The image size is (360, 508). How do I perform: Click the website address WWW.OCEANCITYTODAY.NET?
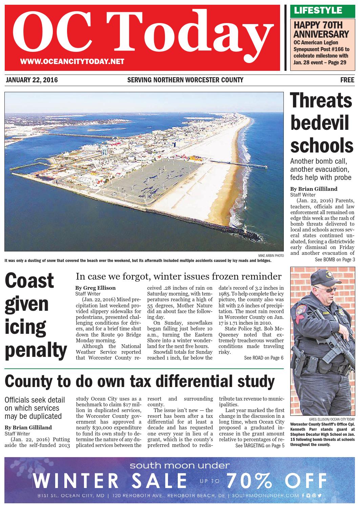72,62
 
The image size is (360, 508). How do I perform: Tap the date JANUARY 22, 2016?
32,80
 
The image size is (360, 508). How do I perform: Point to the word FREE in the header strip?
347,80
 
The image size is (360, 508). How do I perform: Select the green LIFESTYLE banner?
318,11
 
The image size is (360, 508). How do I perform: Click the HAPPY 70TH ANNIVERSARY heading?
321,29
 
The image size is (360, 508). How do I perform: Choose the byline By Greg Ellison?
95,288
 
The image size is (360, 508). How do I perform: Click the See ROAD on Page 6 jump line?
263,358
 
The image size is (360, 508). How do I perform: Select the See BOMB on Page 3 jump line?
335,260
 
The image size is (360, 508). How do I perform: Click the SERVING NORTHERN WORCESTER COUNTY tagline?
185,80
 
